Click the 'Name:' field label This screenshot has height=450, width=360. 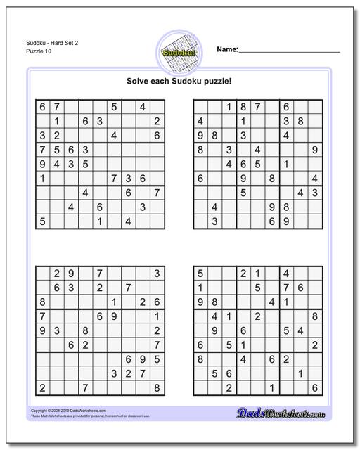(x=227, y=49)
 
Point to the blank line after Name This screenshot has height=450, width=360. (x=289, y=51)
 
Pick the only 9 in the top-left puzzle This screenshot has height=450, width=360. (x=42, y=164)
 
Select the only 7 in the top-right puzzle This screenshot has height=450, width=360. (x=258, y=106)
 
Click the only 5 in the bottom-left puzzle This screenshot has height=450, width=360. (x=143, y=359)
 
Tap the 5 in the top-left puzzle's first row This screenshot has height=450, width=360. (x=114, y=106)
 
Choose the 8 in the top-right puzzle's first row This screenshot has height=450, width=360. (x=243, y=106)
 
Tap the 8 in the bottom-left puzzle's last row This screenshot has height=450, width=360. (x=157, y=387)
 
